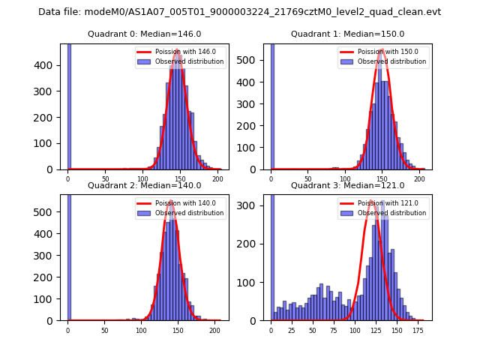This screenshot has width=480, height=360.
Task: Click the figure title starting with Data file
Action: [x=239, y=12]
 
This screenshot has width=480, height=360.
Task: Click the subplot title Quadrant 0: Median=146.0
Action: [x=145, y=34]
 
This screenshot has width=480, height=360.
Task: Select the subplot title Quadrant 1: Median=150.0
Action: [x=347, y=34]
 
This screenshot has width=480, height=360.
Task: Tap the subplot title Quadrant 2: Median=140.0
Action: [x=145, y=185]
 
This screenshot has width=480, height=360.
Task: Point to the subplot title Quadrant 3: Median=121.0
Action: [x=347, y=185]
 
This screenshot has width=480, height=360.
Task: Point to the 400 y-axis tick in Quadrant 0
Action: [x=47, y=65]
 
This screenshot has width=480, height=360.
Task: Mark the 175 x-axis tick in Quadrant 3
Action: [x=418, y=329]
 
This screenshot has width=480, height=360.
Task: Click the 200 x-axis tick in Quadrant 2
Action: [x=214, y=329]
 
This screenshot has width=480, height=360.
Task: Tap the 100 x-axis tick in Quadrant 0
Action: [x=142, y=178]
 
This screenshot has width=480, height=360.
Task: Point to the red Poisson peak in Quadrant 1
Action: [x=382, y=50]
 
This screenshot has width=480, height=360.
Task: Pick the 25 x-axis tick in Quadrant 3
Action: [x=292, y=329]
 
